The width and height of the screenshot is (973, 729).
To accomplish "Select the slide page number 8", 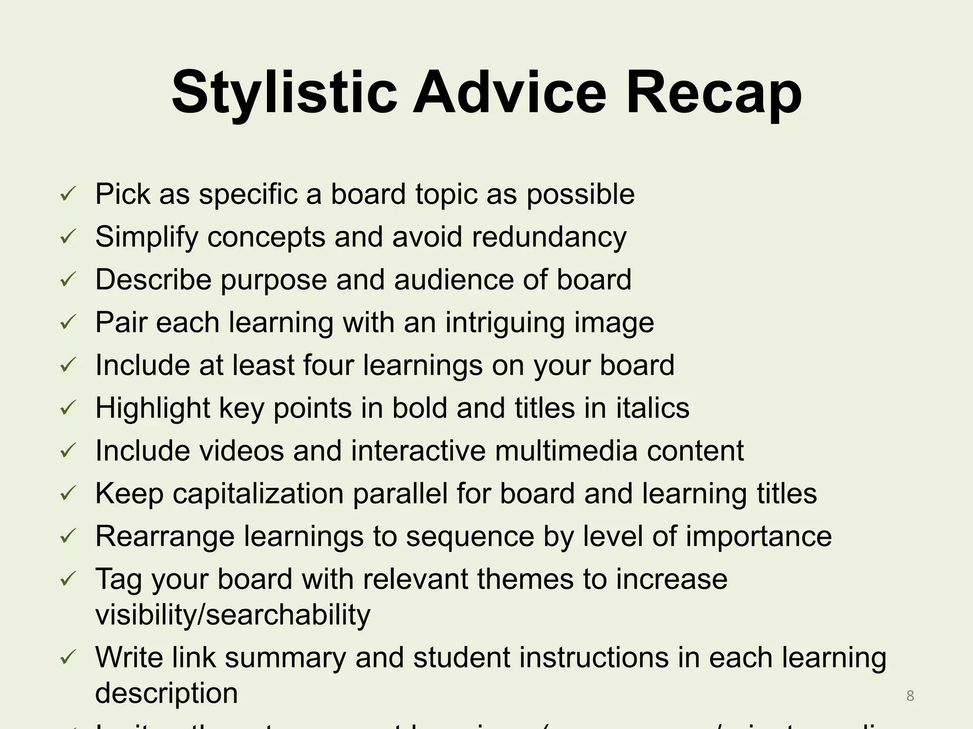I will coord(910,696).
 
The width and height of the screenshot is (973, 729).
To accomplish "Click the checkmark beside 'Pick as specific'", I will coord(67,195).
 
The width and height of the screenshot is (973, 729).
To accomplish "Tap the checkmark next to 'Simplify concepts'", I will coord(67,237).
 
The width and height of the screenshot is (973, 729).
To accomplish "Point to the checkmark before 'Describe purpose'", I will coord(67,280).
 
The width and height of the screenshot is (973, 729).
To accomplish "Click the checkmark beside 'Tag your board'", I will coord(67,579).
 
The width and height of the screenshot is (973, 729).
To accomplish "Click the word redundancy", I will coord(549,237).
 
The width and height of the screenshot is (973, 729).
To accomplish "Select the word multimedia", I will coord(566,450).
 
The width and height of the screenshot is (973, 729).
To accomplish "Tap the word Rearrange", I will coord(165,537).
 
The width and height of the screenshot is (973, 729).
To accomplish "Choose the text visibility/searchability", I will coord(233,615).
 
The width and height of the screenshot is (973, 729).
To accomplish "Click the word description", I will coord(166,693).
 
